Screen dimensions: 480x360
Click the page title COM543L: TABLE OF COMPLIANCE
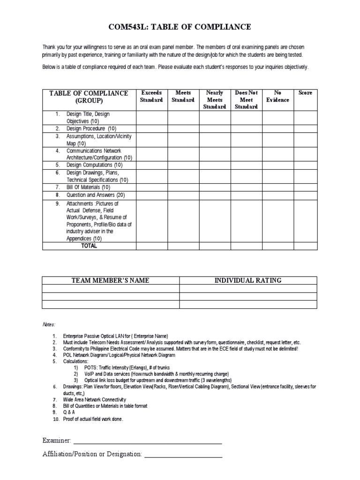(x=180, y=28)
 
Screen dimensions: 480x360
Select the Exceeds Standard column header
(x=151, y=96)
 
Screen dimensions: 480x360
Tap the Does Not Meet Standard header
(x=246, y=99)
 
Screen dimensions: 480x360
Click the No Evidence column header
(x=277, y=96)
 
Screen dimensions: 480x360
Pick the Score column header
(x=305, y=93)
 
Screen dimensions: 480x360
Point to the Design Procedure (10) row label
(x=91, y=128)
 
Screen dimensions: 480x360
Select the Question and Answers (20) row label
(x=96, y=195)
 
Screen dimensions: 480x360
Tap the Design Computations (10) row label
(x=95, y=165)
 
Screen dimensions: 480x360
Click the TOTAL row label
(x=89, y=246)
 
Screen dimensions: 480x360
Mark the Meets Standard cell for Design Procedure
(x=183, y=128)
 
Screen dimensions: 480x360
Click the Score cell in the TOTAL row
(x=305, y=246)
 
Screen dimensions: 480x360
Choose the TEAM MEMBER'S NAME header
(x=111, y=280)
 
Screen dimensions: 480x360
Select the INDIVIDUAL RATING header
(x=248, y=280)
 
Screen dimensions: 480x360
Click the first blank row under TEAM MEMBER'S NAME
(x=111, y=288)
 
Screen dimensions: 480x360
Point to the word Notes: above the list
(x=48, y=324)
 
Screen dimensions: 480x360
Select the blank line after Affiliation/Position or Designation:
(x=183, y=454)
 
